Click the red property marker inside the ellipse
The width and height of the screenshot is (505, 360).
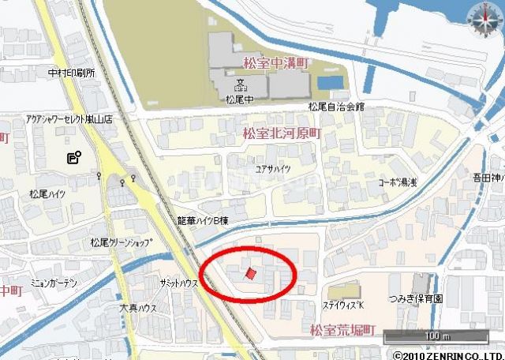click(251, 274)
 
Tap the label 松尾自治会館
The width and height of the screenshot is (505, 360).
click(335, 107)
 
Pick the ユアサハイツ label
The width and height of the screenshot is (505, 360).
click(275, 168)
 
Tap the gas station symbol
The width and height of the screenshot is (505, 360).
click(73, 157)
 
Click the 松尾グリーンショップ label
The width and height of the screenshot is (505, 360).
click(121, 242)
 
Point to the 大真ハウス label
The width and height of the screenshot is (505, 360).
click(138, 308)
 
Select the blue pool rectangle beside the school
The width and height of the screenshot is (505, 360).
click(330, 82)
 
